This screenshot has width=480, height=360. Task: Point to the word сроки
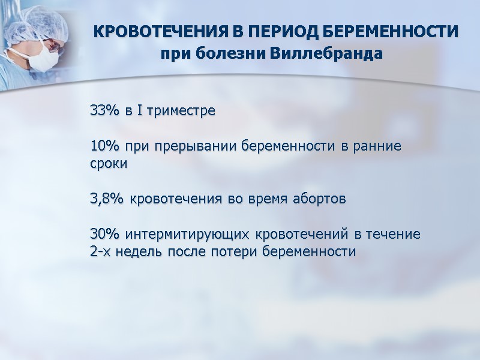click(x=109, y=164)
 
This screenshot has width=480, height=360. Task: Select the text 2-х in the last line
click(x=100, y=251)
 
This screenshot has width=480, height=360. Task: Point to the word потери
click(x=235, y=251)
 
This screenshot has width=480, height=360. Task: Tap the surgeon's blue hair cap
click(x=36, y=24)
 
